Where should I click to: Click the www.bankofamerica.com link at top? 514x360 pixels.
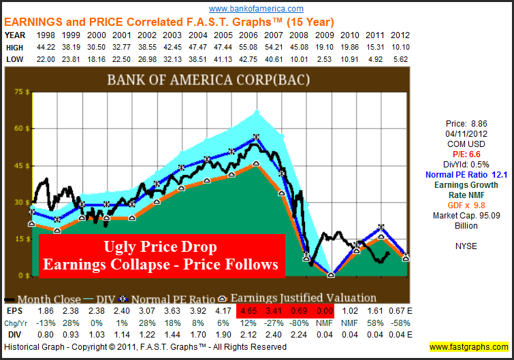pos(256,9)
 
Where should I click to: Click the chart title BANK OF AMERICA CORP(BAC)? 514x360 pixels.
pos(208,80)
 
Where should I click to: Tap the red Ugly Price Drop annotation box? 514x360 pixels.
pos(161,256)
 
